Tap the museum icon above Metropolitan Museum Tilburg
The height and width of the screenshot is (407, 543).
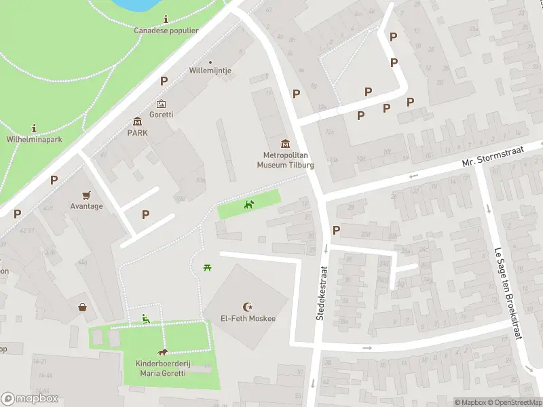pos(285,143)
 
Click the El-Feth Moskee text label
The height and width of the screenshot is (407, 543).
pos(247,319)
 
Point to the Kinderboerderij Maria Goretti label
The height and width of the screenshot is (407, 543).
pos(162,368)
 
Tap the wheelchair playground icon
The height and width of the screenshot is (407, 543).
pos(145,317)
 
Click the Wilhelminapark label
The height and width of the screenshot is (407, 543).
pos(34,139)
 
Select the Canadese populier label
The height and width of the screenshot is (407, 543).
pos(166,31)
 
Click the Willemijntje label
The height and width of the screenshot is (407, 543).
pos(210,71)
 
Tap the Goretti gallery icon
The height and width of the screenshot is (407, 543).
pos(162,104)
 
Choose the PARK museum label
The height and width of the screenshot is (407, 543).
pos(138,132)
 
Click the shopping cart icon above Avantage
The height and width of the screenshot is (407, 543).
pos(86,195)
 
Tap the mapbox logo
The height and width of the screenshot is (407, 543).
pos(30,399)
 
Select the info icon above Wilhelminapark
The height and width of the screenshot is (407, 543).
pos(34,128)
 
